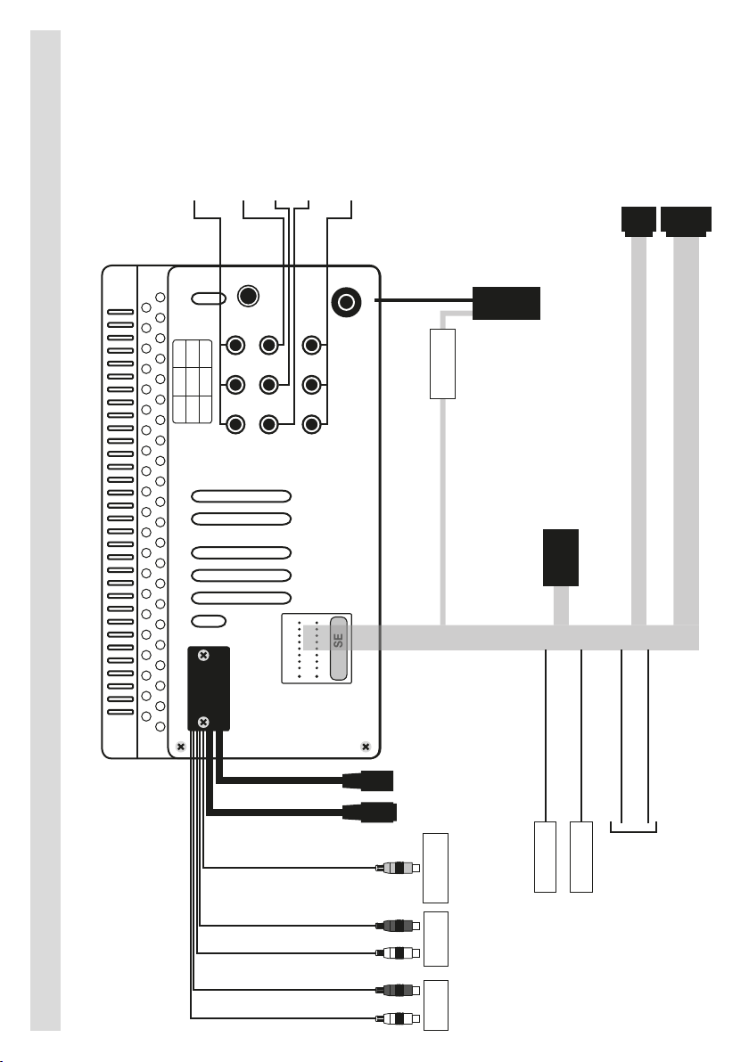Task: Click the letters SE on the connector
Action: point(338,640)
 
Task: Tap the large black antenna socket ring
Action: point(346,302)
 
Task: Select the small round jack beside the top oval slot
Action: point(249,296)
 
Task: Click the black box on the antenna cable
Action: point(506,303)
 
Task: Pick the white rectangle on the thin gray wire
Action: point(442,364)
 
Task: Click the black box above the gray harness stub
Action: point(561,558)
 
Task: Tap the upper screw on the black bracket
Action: point(202,655)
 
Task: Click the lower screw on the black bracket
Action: point(202,723)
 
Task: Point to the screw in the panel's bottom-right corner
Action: point(366,747)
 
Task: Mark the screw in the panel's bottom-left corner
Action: point(180,747)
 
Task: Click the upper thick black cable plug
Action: point(368,781)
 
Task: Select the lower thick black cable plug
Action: point(369,812)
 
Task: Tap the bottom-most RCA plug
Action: point(398,1018)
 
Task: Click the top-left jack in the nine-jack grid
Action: point(235,346)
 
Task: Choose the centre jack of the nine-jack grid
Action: point(269,385)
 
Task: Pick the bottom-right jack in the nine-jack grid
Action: point(311,424)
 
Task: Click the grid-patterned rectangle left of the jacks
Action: point(193,382)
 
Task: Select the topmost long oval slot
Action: point(242,496)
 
